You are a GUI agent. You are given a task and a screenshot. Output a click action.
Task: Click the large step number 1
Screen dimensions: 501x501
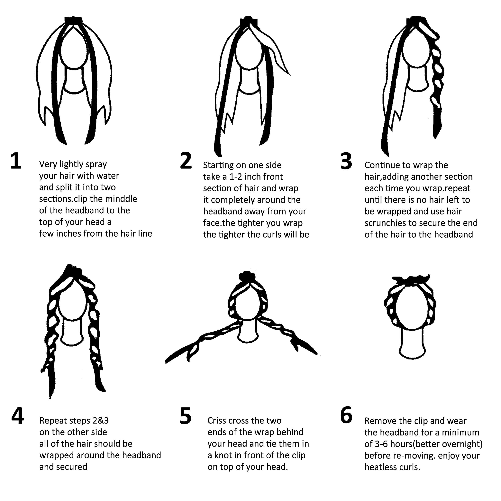click(x=16, y=161)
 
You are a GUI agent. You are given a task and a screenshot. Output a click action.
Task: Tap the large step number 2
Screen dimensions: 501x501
click(x=186, y=161)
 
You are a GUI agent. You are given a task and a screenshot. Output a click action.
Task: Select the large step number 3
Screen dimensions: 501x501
click(x=346, y=161)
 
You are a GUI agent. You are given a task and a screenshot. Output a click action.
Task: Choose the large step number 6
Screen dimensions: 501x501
click(x=346, y=416)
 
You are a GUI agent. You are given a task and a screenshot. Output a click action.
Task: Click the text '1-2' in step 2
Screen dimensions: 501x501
click(x=236, y=177)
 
